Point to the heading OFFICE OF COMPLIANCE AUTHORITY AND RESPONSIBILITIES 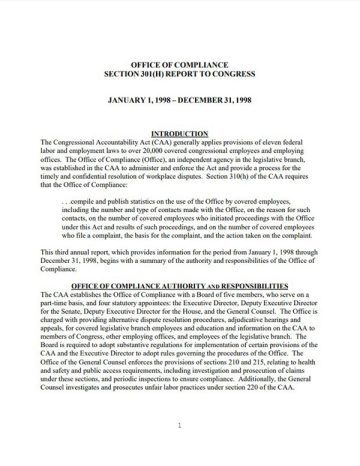[180, 260]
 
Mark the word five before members [244, 270]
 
